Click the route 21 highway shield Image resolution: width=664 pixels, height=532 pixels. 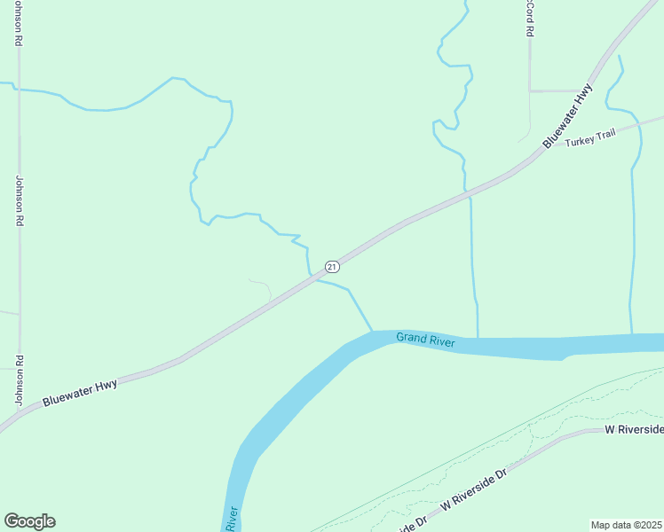click(331, 266)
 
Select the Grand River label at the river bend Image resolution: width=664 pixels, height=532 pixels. click(425, 339)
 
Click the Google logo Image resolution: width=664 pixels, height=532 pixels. click(29, 521)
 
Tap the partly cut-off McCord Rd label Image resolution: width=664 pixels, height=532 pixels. click(529, 18)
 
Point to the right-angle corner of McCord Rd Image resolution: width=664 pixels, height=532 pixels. click(531, 90)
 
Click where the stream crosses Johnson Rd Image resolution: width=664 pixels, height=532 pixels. click(18, 90)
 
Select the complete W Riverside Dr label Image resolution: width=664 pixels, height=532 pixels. click(472, 488)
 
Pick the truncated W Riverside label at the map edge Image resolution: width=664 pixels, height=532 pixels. click(634, 430)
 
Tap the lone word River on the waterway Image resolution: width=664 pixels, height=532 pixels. click(233, 519)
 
